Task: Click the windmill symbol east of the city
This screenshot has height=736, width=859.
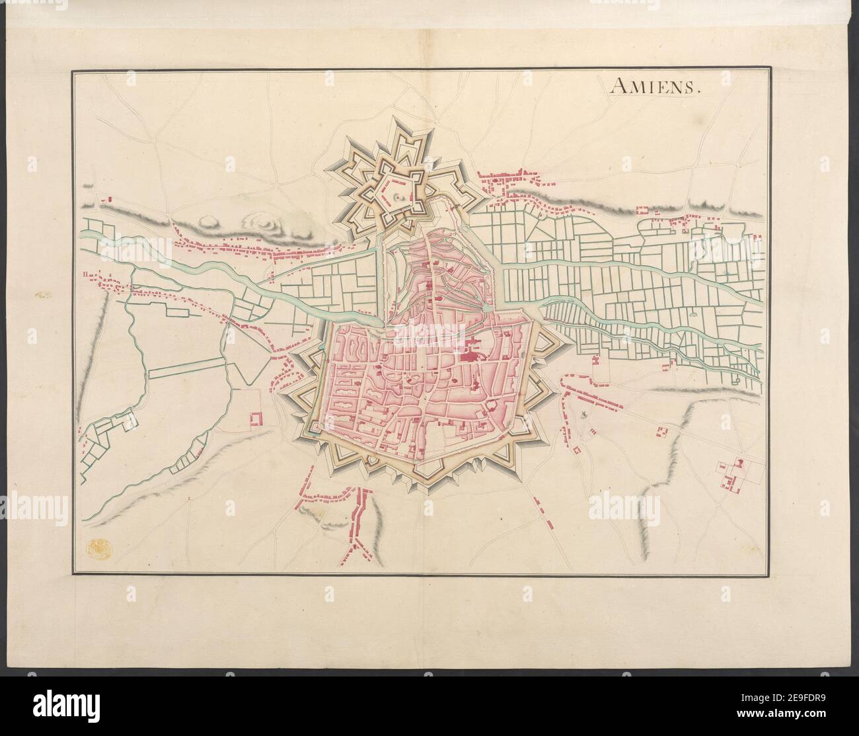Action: click(x=584, y=415)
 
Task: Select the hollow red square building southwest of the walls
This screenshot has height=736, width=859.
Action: click(x=256, y=418)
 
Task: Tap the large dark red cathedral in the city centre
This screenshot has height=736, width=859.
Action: click(x=470, y=358)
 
